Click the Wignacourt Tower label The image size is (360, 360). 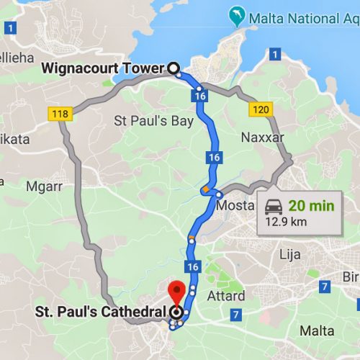[104, 68]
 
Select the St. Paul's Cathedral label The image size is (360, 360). [101, 312]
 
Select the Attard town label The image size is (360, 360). [226, 295]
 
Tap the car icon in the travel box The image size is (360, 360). [274, 207]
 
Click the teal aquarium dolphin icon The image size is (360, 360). [235, 15]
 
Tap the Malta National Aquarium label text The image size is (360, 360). [302, 16]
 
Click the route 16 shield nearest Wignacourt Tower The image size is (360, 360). [200, 94]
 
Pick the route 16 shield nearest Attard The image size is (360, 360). [192, 267]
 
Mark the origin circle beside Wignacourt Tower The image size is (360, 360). [173, 68]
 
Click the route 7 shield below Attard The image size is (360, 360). [235, 315]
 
